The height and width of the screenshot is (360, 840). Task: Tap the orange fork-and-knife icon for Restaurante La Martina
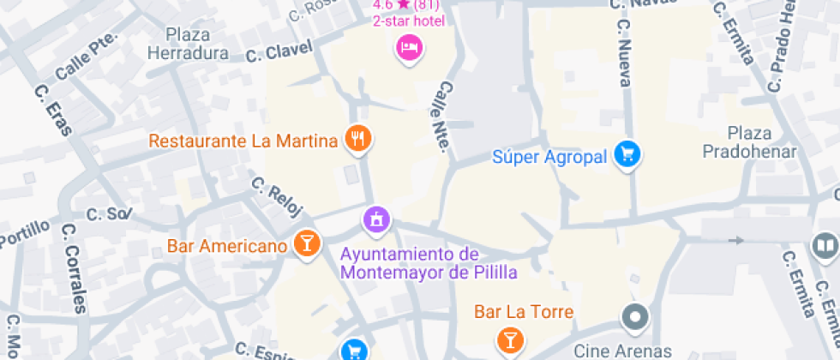(x=358, y=138)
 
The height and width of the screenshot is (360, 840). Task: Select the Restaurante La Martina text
(x=243, y=141)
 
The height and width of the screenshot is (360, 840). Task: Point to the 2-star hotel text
(x=408, y=21)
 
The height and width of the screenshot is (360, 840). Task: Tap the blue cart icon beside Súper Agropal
(x=628, y=154)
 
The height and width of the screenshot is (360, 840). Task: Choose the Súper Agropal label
(x=549, y=157)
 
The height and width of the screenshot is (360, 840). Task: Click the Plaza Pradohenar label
(x=749, y=142)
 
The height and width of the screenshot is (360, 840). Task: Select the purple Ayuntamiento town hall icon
(x=375, y=219)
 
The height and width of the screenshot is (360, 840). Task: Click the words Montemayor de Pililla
(x=429, y=273)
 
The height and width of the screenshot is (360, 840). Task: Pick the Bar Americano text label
(x=226, y=247)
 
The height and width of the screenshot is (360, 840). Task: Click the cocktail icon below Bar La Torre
(x=510, y=339)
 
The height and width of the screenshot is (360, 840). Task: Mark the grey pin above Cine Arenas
(x=635, y=317)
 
